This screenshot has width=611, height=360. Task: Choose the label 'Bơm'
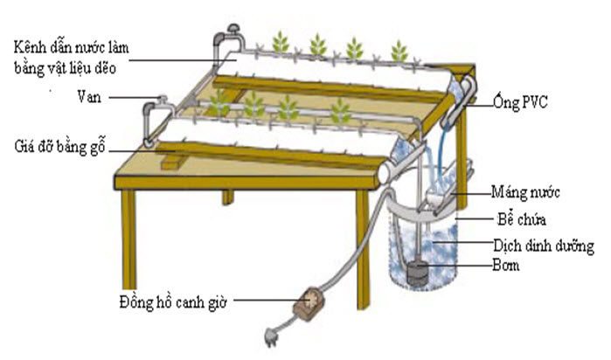pos(506,266)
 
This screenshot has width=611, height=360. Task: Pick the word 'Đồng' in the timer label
pos(137,302)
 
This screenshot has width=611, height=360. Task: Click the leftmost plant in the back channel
pos(281,41)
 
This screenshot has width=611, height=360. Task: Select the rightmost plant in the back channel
pos(398,50)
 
